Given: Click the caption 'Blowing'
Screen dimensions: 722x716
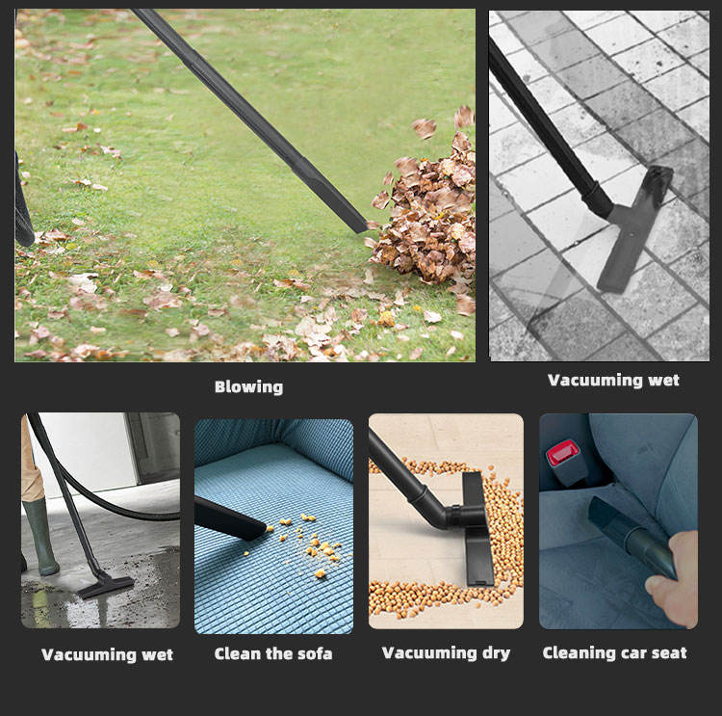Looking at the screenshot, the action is (248, 386).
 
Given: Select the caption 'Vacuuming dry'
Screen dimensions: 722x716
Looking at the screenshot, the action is (446, 653).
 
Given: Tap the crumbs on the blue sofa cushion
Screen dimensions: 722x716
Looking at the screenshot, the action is (308, 544).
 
